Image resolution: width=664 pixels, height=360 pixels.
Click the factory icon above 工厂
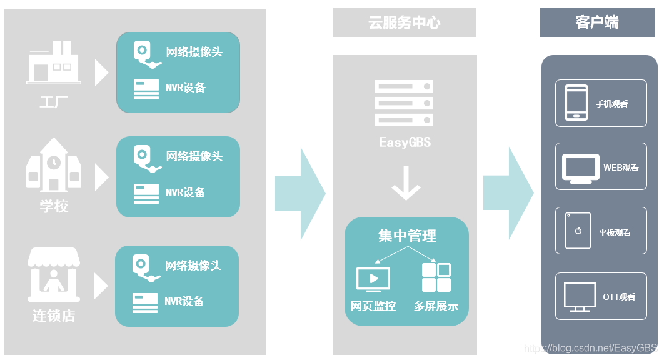click(x=53, y=63)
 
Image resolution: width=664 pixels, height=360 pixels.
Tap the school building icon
click(x=53, y=164)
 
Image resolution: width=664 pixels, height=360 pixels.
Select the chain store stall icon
click(x=53, y=274)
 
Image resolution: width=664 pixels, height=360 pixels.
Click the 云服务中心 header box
click(x=404, y=23)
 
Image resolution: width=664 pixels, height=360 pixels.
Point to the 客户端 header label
click(x=597, y=23)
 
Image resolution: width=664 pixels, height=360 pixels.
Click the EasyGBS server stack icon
click(x=404, y=102)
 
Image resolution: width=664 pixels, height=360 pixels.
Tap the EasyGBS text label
click(x=405, y=142)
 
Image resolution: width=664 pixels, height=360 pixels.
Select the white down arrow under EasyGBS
click(x=406, y=183)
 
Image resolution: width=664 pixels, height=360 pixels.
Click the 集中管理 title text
click(x=407, y=236)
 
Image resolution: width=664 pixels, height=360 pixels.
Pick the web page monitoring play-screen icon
click(x=373, y=279)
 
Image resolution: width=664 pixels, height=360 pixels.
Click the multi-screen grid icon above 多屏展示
click(x=436, y=277)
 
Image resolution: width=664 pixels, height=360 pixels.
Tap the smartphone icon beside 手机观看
click(x=576, y=102)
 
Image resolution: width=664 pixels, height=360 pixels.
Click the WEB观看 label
click(x=621, y=167)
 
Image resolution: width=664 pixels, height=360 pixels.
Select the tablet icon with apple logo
click(x=578, y=231)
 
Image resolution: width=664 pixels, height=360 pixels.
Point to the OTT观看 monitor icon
click(x=579, y=297)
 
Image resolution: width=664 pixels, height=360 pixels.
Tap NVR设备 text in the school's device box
click(x=185, y=192)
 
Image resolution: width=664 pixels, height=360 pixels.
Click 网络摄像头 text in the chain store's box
click(x=193, y=266)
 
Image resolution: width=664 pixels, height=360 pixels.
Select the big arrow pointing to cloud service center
click(x=300, y=194)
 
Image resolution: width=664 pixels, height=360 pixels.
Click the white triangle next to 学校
click(x=101, y=177)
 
